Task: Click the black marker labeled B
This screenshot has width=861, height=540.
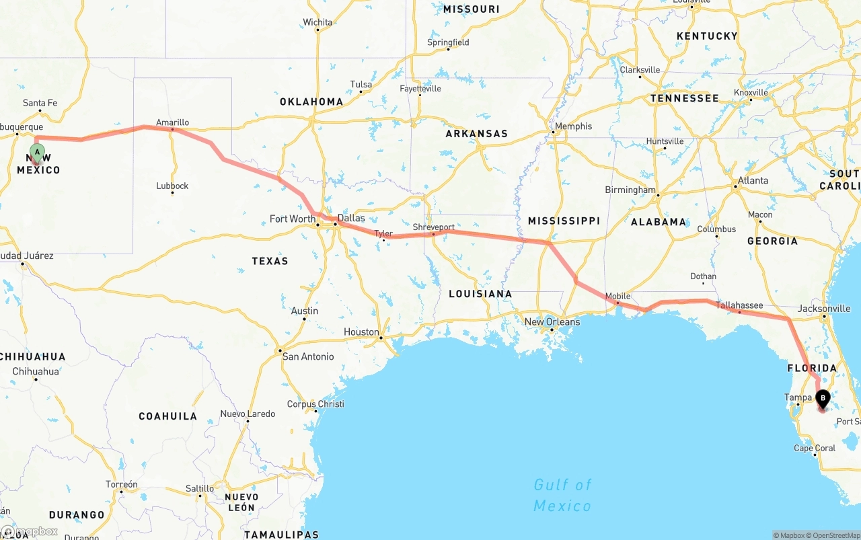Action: [x=822, y=399]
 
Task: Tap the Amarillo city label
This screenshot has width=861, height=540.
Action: [x=172, y=122]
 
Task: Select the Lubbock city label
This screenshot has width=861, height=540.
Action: [x=172, y=186]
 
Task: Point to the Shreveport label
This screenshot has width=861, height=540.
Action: [x=433, y=227]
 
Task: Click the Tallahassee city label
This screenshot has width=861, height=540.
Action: [x=739, y=305]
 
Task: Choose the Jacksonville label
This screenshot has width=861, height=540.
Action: [x=824, y=309]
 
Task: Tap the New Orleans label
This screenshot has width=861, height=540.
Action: [x=552, y=321]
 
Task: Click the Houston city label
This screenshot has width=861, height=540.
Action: [x=361, y=332]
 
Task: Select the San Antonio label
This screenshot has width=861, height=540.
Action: [x=307, y=356]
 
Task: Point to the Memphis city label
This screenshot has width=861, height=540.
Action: [x=573, y=126]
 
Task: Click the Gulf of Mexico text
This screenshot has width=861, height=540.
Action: [x=562, y=495]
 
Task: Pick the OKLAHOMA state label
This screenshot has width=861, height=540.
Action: [x=311, y=102]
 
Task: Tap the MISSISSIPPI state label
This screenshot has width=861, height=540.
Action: [x=564, y=221]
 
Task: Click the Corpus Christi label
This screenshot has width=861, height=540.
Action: [x=315, y=404]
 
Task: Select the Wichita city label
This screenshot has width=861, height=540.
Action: [x=317, y=22]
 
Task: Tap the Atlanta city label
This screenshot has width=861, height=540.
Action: [x=753, y=180]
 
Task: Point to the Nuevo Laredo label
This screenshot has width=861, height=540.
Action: [x=248, y=414]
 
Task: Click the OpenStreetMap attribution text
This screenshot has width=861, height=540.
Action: [x=833, y=535]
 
